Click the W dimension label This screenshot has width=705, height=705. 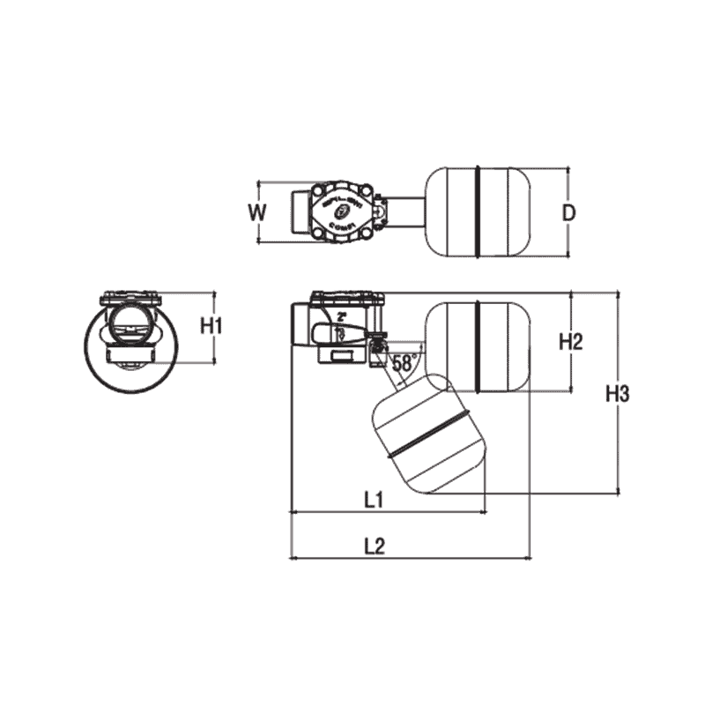coord(256,212)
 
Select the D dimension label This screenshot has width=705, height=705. coord(570,212)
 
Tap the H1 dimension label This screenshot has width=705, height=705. coord(209,326)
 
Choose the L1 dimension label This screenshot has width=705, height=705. coord(373,500)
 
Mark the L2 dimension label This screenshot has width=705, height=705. coord(375,545)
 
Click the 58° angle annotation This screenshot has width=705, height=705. coord(404,362)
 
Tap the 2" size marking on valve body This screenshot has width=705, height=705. coord(342,316)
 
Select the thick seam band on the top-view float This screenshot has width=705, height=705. coord(476,211)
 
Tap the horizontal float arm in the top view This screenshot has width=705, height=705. coord(406,211)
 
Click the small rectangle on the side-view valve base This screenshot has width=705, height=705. coord(338,355)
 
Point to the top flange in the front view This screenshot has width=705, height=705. coord(130,298)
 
